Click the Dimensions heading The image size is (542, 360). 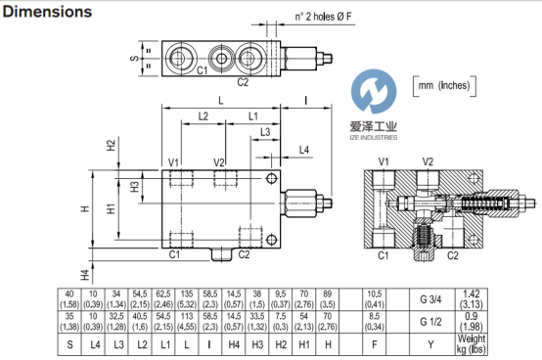(x=47, y=12)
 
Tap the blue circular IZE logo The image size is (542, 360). (x=374, y=91)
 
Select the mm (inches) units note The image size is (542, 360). (x=444, y=86)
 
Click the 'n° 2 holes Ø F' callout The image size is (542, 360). (x=323, y=17)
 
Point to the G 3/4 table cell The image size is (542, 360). (x=432, y=299)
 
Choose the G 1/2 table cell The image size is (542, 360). (x=432, y=322)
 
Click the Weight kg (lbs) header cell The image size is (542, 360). (x=472, y=344)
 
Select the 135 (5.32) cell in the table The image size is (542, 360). (x=187, y=299)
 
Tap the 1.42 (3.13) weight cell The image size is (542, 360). (x=472, y=299)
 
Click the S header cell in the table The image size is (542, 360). (x=69, y=344)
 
